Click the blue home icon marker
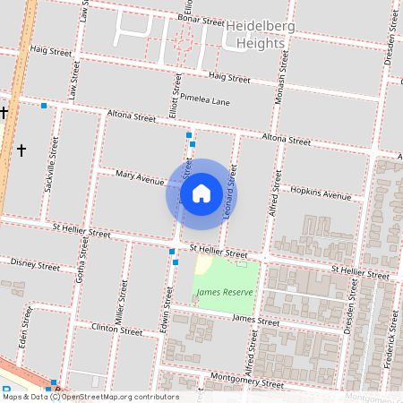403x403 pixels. point(201,193)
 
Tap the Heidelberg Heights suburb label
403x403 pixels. point(262,35)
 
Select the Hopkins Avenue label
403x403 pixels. point(322,193)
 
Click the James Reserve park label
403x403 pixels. point(225,292)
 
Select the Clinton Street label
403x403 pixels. point(117,330)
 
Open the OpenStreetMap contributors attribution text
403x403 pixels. point(120,397)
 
